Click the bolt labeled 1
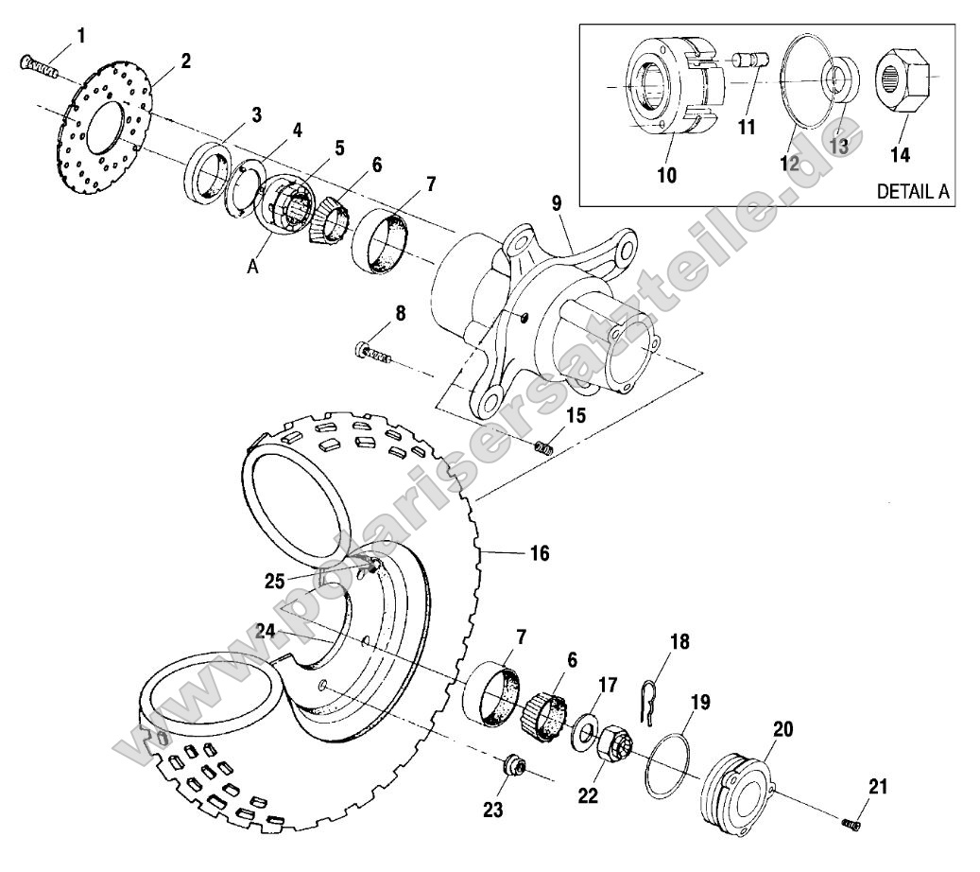coord(37,65)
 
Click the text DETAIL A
coord(913,190)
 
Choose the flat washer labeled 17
coord(584,729)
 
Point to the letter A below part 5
coord(253,268)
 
